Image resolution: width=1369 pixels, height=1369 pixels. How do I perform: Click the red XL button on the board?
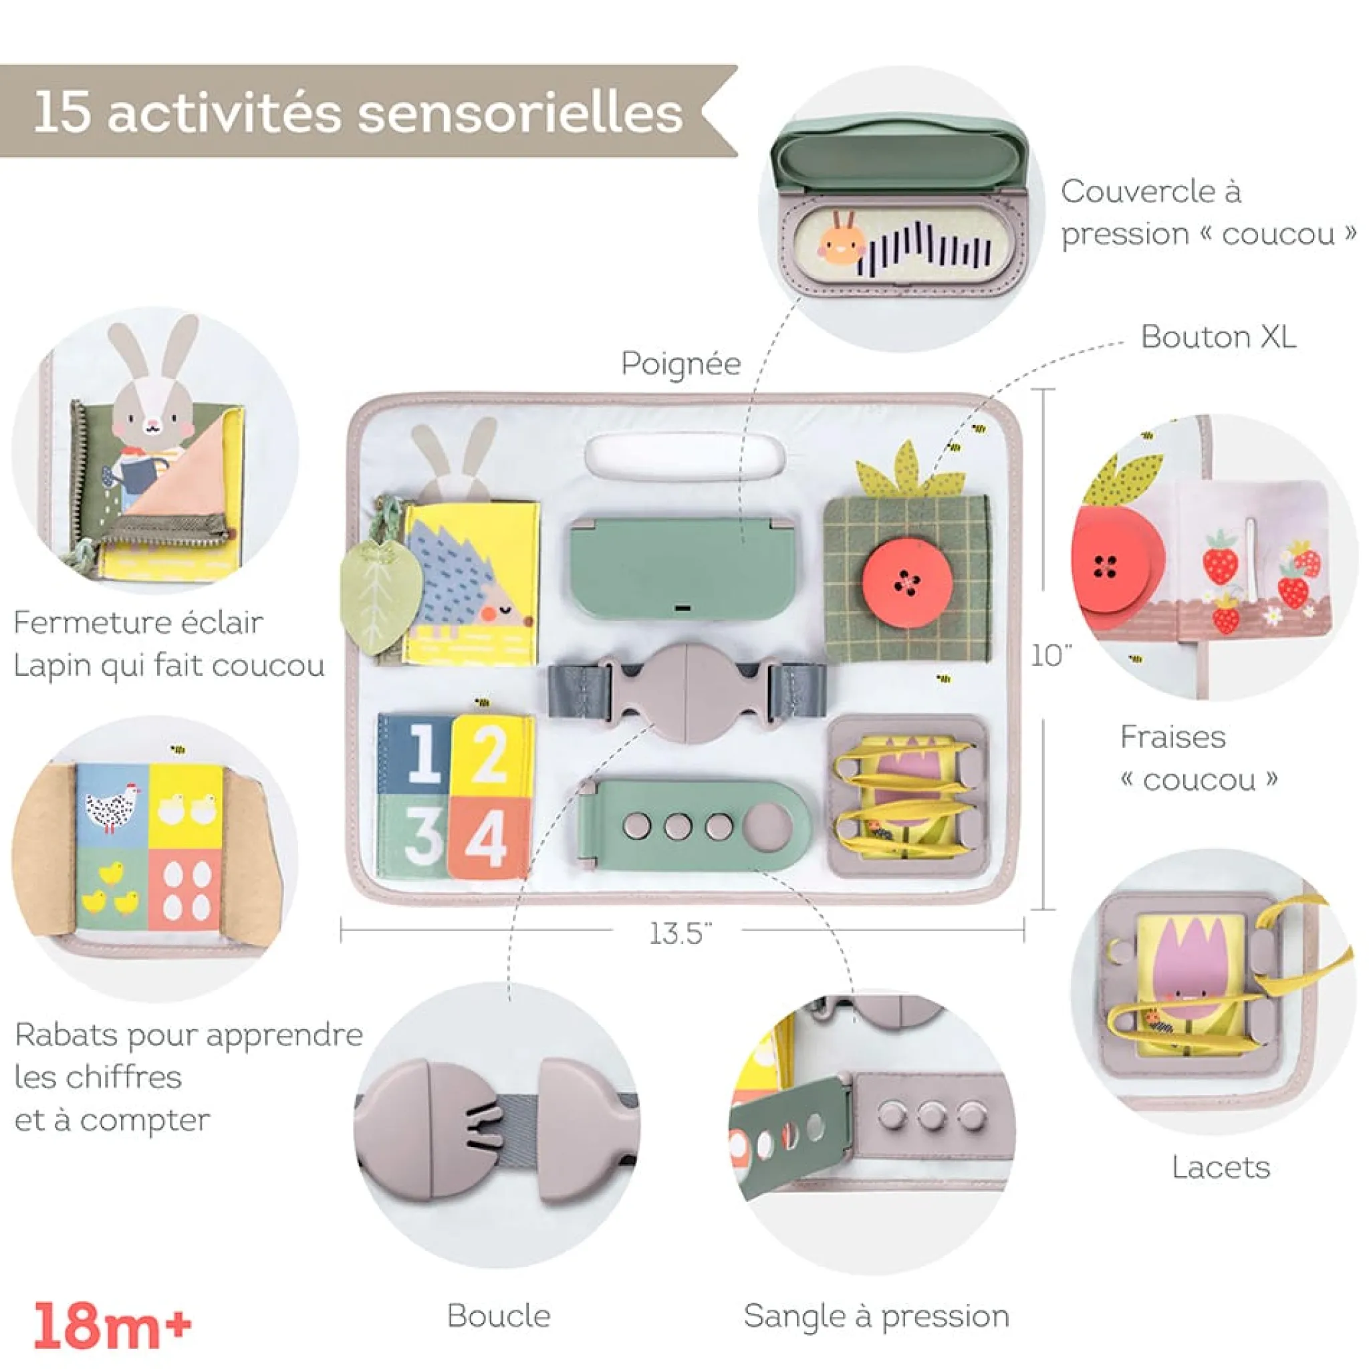[x=906, y=582]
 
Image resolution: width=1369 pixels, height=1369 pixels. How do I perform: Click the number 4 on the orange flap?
[x=488, y=839]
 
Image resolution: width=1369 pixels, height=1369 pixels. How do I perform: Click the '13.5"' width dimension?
[x=678, y=933]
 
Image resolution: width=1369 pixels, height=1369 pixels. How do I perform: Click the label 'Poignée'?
[x=680, y=364]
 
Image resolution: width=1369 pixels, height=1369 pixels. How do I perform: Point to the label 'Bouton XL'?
[x=1218, y=338]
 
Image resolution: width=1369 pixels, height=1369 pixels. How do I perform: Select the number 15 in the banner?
[x=62, y=112]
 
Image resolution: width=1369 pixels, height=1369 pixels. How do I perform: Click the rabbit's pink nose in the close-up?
[x=152, y=426]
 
